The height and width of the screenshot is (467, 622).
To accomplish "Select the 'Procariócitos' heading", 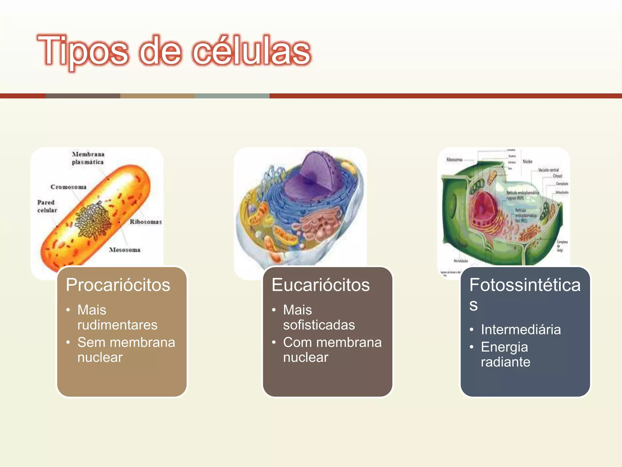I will [118, 285].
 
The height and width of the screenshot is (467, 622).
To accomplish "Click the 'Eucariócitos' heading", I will [320, 285].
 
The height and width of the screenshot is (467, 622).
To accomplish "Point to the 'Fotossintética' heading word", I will [525, 285].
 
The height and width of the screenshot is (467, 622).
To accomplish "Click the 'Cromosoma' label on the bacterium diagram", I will [68, 187].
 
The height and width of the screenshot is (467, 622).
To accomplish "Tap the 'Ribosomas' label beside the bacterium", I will [145, 222].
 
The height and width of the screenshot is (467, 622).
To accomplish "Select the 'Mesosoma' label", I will [125, 250].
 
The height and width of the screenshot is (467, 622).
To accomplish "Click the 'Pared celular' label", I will [47, 206].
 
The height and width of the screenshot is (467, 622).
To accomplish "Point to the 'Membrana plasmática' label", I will [88, 158].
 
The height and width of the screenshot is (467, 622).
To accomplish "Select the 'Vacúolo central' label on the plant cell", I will [548, 170].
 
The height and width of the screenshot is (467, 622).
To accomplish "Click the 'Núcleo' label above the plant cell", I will [527, 161].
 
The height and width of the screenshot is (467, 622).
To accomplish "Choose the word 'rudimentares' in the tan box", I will [117, 325].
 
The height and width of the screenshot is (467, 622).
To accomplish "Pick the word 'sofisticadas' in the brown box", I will [319, 325].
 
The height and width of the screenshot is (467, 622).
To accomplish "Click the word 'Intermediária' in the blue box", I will [521, 330].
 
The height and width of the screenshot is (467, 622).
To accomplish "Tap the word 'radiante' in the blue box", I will [505, 362].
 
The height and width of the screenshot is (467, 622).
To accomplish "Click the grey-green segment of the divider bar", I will [232, 96].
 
